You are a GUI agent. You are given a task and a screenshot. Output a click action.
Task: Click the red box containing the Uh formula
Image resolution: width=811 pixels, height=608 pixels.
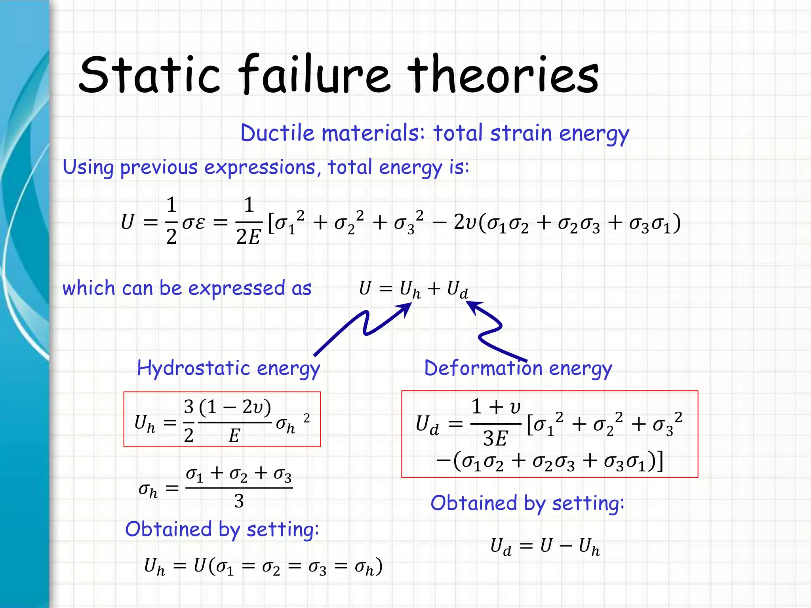[x=222, y=419]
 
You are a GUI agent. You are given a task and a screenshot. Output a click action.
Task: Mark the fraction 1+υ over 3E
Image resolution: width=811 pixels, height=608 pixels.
[x=496, y=423]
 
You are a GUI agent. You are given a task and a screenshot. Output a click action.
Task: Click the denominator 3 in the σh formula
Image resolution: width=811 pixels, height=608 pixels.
[x=239, y=502]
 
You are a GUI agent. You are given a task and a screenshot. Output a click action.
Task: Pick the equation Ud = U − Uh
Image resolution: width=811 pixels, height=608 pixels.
[x=544, y=547]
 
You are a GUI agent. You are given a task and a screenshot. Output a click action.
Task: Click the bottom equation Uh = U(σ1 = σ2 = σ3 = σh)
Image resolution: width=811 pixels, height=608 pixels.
[x=263, y=567]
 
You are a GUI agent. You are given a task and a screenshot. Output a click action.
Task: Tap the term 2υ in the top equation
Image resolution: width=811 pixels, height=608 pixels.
[x=465, y=222]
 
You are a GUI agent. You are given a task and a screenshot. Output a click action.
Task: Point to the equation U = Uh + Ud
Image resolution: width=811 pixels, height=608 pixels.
[x=413, y=289]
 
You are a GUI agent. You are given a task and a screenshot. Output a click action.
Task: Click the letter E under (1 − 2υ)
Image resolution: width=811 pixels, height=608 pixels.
[x=234, y=436]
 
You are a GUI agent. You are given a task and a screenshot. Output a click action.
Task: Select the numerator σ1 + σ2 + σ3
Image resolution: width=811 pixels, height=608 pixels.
[x=239, y=474]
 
